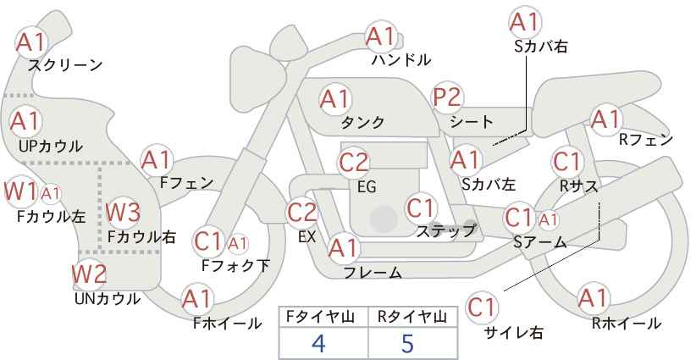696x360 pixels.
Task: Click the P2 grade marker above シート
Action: point(447,97)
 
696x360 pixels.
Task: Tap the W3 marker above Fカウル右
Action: point(123,212)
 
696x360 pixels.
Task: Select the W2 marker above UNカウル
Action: point(89,274)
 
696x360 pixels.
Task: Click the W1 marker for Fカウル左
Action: point(20,191)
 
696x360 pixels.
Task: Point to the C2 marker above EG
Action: point(353,162)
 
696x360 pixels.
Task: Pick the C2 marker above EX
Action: point(301,212)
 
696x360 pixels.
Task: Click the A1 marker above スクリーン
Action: point(31,42)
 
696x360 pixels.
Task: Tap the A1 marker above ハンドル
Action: point(381,36)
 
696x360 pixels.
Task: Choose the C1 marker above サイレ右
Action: point(482,307)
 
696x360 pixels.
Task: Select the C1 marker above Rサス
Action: point(566,162)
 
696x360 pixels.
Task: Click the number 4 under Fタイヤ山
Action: point(319,343)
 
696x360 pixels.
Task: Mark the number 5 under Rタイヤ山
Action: point(407,343)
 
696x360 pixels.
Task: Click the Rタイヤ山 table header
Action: point(412,317)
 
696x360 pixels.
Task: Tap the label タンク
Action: point(362,122)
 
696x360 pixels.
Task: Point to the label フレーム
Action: point(373,272)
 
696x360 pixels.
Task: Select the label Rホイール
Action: point(627,324)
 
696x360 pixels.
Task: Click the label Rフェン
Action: point(646,140)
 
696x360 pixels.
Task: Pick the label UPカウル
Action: point(51,146)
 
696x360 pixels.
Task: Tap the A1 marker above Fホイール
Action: point(197,299)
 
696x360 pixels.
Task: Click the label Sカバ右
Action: point(541,47)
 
